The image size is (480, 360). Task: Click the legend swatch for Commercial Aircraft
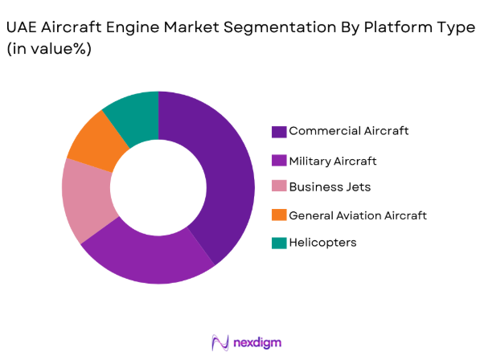click(x=279, y=131)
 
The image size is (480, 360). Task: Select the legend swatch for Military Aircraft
click(x=279, y=161)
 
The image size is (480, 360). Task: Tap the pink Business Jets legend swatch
click(x=279, y=187)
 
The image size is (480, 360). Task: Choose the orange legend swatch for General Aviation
click(x=279, y=215)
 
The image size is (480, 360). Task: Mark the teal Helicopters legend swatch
click(x=279, y=243)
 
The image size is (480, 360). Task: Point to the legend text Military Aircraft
click(x=333, y=161)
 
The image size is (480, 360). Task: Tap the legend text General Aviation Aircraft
click(x=357, y=215)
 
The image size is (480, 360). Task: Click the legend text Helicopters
click(x=322, y=243)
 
